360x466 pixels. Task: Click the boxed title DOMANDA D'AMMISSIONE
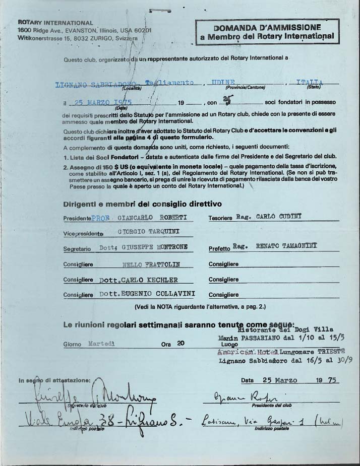267,28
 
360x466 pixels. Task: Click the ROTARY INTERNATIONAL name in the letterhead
55,23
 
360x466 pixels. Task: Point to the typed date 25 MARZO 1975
103,102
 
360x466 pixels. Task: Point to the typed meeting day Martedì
101,344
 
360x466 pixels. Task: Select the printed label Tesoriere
220,219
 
